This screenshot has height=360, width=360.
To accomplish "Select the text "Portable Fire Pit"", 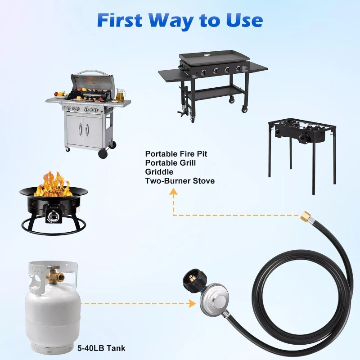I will pos(176,154).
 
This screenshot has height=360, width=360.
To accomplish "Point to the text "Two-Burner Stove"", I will pos(180,181).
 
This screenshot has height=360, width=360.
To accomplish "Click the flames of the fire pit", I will pos(53,184).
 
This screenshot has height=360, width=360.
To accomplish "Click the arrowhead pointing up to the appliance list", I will pos(173,193).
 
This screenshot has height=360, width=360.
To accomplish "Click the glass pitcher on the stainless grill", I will pos(119,94).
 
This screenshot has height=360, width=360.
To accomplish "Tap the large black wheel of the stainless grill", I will pos(103,153).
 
